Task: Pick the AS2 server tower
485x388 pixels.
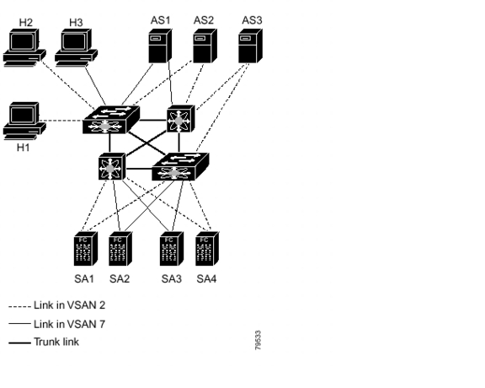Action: (203, 47)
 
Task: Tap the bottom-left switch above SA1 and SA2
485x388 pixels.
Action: (111, 165)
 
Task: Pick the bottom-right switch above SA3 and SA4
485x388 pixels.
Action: (180, 167)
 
